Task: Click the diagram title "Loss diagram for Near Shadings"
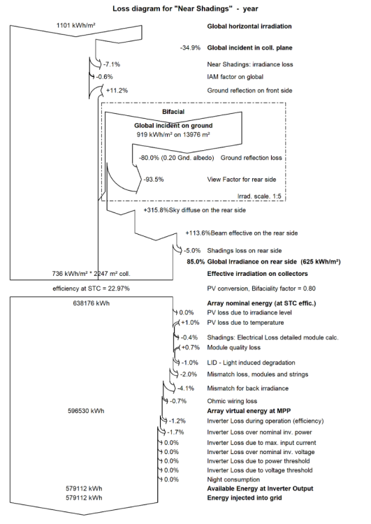point(185,8)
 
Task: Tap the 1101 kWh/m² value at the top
point(76,25)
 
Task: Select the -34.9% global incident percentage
point(190,48)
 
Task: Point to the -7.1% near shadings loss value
point(112,64)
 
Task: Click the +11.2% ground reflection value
point(117,90)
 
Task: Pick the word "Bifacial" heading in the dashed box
point(173,112)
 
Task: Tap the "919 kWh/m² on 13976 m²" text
point(173,134)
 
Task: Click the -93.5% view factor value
point(154,180)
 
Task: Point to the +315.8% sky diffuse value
point(156,210)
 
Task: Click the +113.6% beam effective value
point(198,233)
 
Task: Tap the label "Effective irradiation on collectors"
point(257,274)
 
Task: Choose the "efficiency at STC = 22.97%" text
point(91,289)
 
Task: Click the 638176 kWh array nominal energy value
point(92,303)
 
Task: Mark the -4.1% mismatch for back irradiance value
point(186,388)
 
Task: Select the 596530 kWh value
point(86,411)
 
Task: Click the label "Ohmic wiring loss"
point(232,401)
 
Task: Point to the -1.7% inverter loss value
point(175,432)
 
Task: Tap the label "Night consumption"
point(233,479)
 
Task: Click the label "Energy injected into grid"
point(245,498)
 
